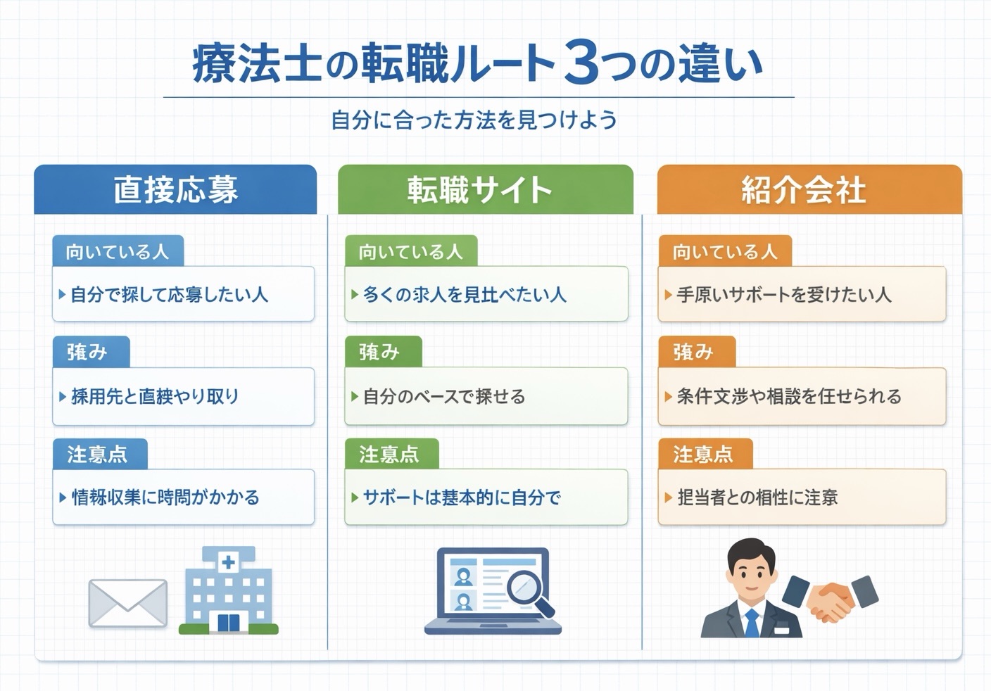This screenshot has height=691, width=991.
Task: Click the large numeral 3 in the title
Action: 581,64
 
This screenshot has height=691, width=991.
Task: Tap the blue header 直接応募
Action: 175,190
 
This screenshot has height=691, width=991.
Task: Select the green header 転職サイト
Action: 485,190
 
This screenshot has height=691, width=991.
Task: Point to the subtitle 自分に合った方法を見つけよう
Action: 474,120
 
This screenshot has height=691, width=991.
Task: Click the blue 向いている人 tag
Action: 118,251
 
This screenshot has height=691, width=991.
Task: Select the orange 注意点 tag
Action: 705,454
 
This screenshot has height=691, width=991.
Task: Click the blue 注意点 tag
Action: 99,454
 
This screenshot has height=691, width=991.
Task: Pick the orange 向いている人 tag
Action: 724,251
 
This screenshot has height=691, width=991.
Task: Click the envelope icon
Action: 127,603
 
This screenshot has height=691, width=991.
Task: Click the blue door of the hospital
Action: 228,622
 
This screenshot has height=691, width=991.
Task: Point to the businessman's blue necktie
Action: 753,623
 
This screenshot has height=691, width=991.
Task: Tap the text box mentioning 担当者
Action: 802,497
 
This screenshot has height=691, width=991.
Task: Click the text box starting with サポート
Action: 486,497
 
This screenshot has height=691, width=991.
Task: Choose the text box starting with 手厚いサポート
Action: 802,294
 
